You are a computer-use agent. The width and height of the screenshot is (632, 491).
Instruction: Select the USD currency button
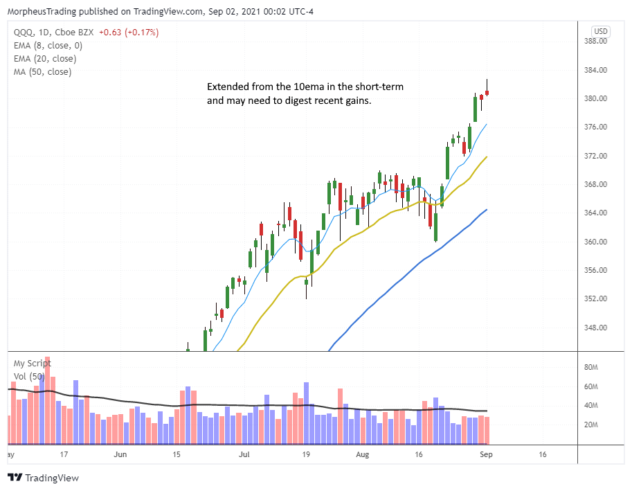pos(601,31)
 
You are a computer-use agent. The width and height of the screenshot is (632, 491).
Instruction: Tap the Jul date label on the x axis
pos(244,455)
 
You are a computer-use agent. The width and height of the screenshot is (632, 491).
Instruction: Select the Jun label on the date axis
pos(120,455)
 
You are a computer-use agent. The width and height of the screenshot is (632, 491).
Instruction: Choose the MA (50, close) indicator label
pos(42,72)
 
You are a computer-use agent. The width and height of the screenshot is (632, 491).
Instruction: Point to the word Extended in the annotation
pos(228,87)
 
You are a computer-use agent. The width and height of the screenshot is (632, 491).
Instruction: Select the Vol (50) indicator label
pos(28,377)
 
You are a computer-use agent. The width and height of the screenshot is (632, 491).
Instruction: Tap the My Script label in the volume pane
pos(32,363)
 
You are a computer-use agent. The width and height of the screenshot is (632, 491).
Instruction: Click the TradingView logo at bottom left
pos(43,478)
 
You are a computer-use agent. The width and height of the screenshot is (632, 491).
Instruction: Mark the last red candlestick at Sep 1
pos(487,92)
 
